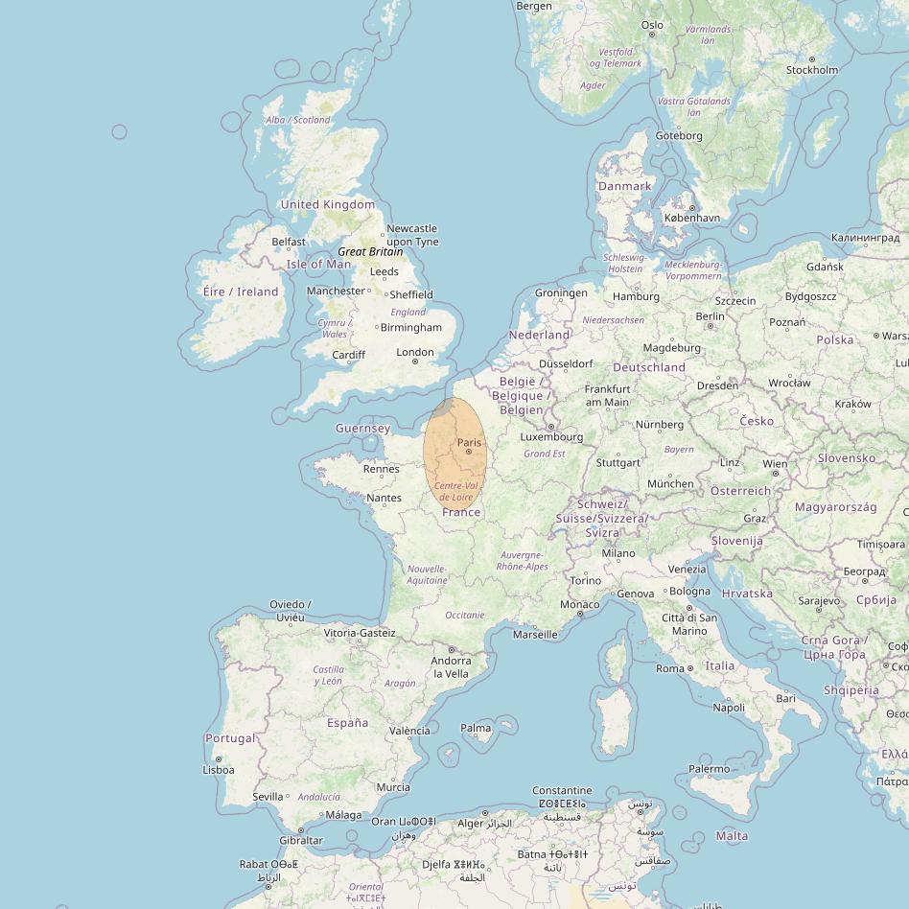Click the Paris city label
469,442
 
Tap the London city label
415,352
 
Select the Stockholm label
811,69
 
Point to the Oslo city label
652,26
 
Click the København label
691,218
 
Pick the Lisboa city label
219,769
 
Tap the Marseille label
535,634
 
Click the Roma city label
670,668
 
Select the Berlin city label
710,316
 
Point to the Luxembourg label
551,437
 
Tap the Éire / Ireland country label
241,291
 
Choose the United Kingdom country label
328,204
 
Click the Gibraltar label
300,840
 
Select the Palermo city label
709,768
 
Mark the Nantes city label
384,498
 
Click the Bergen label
534,6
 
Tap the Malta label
732,835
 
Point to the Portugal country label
230,737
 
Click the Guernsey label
363,428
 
